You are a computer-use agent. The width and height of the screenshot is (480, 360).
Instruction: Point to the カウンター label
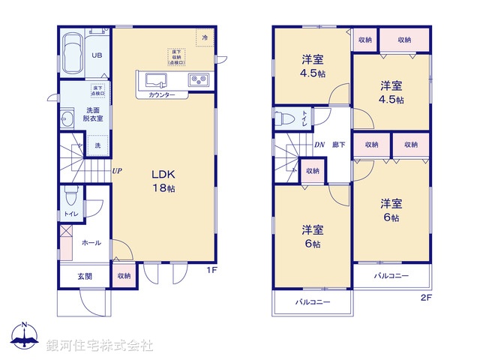[x=162, y=95]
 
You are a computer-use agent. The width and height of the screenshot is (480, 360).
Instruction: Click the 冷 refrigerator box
[x=203, y=35]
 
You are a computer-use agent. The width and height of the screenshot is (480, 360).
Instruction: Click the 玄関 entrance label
[x=85, y=276]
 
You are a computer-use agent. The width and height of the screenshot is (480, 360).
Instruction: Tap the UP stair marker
[x=117, y=171]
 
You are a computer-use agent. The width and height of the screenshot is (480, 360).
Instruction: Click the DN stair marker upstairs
[x=319, y=144]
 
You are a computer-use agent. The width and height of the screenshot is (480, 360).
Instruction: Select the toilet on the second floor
[x=283, y=118]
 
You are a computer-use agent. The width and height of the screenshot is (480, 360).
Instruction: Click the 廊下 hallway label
[x=339, y=144]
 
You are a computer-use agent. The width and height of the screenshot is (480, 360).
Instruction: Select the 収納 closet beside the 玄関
[x=124, y=276]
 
